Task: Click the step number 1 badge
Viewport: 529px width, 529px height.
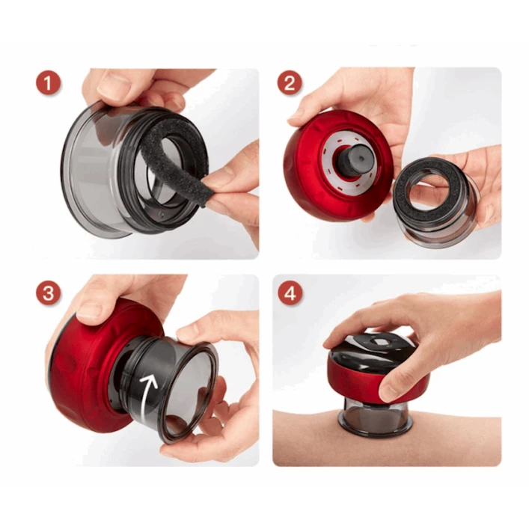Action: tap(49, 82)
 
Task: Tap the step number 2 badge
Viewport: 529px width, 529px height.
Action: tap(290, 82)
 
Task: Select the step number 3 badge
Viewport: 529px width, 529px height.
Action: tap(49, 293)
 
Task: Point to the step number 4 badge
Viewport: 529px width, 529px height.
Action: tap(290, 293)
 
